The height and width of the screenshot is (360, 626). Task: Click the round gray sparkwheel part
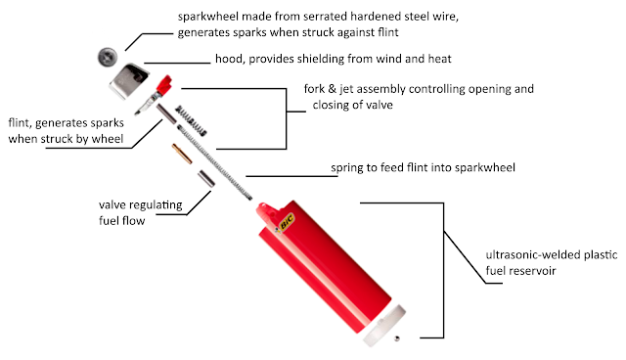point(105,55)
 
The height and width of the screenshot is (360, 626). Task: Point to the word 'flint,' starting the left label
point(23,124)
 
